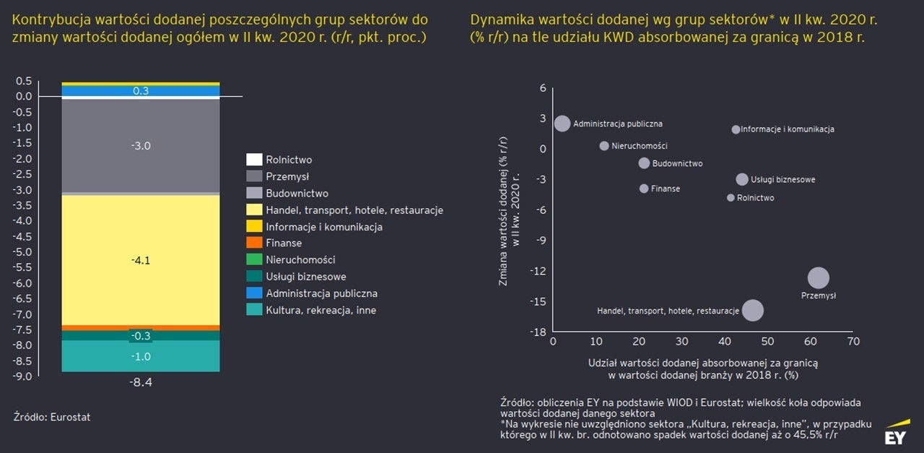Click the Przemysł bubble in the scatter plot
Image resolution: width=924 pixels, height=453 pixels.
[818, 277]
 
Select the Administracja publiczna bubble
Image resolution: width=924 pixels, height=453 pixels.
[562, 124]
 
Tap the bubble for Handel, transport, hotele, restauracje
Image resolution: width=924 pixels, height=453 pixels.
[753, 310]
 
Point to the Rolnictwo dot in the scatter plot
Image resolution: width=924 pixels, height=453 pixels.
[731, 197]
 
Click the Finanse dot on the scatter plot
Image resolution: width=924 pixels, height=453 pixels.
[644, 189]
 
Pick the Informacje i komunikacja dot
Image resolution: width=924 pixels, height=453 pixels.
[736, 129]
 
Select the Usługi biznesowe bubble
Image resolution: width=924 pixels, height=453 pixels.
[742, 179]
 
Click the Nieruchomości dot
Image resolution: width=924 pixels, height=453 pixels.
[604, 146]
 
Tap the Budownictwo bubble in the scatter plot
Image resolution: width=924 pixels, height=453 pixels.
[644, 163]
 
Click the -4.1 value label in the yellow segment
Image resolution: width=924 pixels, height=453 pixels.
[141, 261]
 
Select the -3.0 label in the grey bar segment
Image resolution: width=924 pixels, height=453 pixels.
[141, 146]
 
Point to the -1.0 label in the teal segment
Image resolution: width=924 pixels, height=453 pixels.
[141, 356]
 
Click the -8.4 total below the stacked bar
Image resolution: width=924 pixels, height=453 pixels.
[141, 382]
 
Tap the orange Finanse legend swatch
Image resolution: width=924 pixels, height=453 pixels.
[253, 243]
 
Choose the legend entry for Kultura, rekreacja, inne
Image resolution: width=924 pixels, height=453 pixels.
[321, 310]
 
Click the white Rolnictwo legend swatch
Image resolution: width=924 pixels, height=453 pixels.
[253, 160]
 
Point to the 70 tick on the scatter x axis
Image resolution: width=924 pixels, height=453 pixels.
[853, 341]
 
